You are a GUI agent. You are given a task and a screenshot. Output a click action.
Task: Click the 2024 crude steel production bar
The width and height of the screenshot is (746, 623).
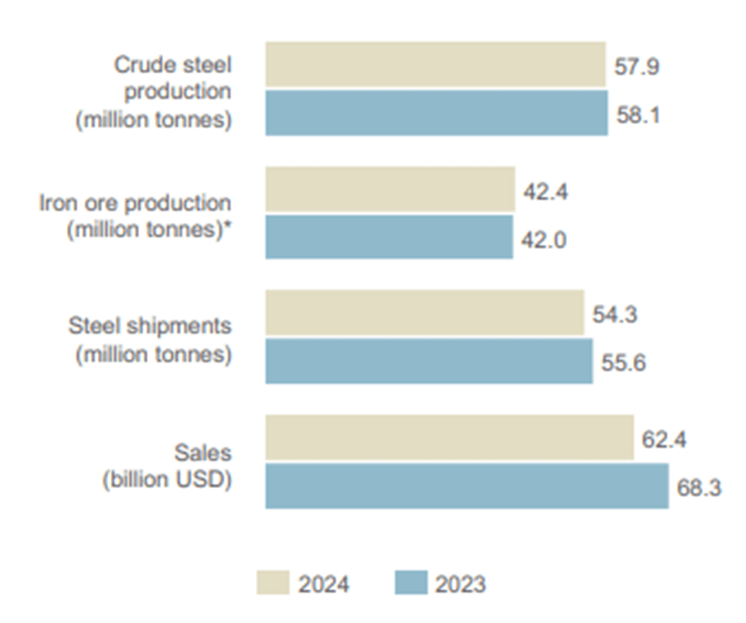[436, 64]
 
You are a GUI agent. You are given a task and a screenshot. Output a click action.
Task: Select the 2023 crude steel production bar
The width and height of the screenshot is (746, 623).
[437, 112]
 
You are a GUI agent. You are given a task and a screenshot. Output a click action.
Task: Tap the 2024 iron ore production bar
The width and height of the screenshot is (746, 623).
[390, 189]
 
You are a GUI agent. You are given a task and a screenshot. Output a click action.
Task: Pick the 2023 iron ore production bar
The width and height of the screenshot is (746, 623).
[389, 237]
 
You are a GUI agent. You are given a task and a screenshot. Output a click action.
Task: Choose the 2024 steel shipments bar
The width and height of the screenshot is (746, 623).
[425, 313]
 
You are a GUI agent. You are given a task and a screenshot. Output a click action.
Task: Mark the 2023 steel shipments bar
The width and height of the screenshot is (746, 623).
[429, 361]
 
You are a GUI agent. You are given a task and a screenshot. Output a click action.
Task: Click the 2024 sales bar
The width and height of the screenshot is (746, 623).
[450, 438]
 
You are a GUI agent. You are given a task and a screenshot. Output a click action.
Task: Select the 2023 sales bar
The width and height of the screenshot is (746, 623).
[467, 485]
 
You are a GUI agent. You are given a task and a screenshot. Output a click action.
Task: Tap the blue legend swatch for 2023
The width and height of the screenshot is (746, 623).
[410, 584]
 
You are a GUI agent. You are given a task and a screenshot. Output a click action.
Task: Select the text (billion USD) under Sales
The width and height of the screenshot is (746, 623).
[166, 478]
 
